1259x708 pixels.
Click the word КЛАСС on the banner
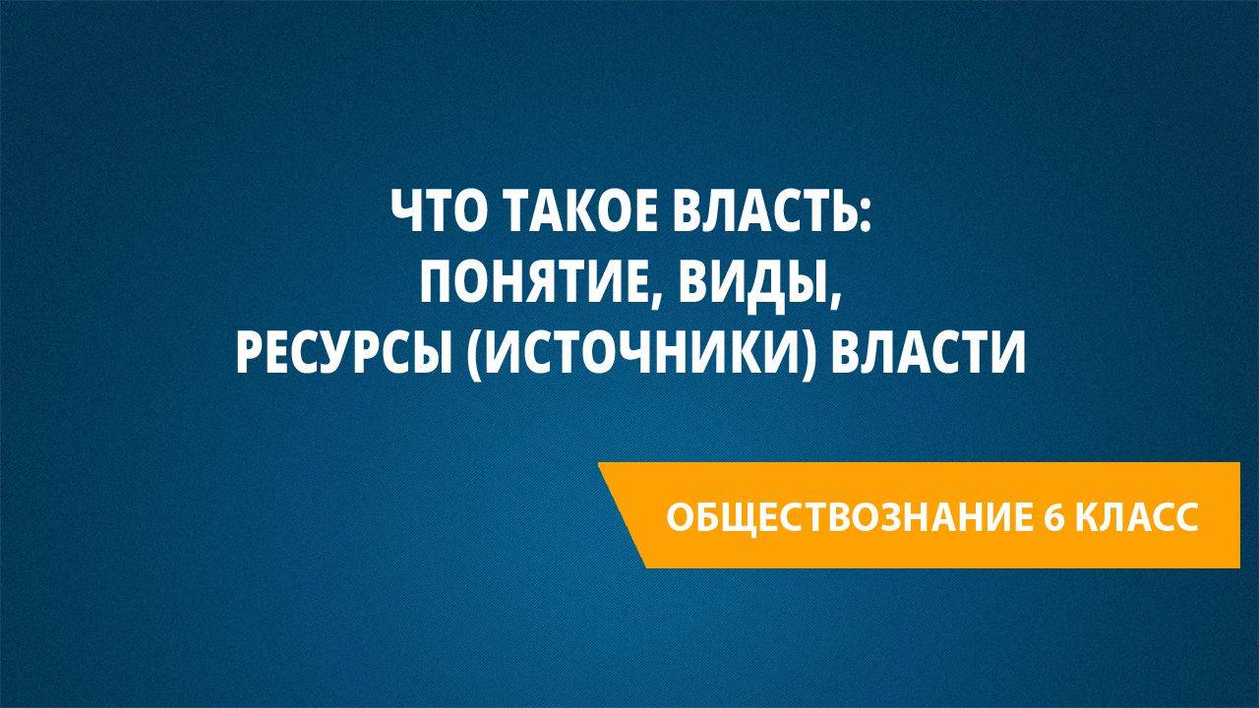pos(1136,516)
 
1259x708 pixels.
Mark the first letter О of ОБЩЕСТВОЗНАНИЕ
pos(679,516)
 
